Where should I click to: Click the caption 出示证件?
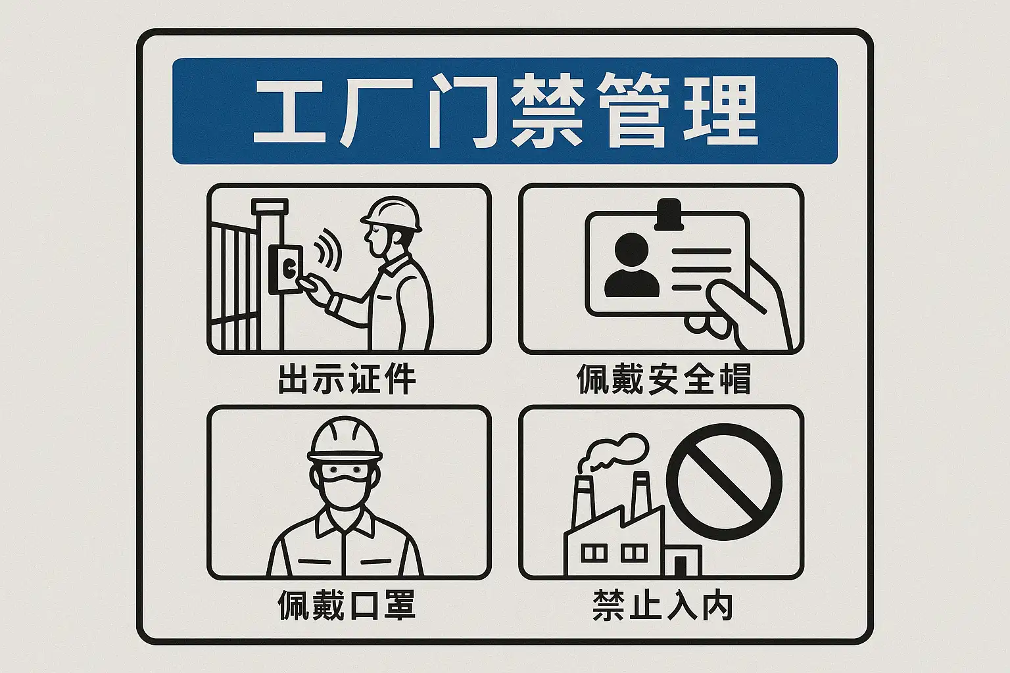(347, 379)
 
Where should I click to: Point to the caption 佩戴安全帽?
(663, 379)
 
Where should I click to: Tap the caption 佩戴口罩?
(347, 604)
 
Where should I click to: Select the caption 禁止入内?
(662, 604)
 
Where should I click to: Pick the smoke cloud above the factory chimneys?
(613, 452)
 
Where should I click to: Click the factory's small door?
(681, 566)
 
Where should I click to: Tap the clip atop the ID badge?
(669, 214)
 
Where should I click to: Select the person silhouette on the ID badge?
(631, 266)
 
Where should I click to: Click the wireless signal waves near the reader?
(327, 250)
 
